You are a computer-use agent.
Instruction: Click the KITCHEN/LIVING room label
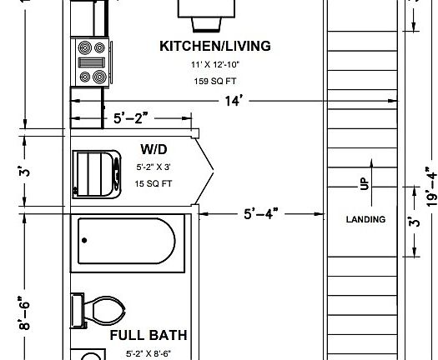(214, 47)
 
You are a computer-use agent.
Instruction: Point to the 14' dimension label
(232, 101)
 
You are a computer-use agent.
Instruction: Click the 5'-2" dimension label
(132, 118)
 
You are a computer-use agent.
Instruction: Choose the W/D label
(154, 150)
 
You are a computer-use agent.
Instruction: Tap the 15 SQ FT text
(153, 182)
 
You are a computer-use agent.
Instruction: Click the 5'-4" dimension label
(260, 214)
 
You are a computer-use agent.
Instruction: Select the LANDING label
(366, 220)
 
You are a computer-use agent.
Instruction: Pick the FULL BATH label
(146, 337)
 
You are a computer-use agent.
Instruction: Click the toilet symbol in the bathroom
(98, 312)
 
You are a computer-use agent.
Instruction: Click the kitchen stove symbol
(91, 62)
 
